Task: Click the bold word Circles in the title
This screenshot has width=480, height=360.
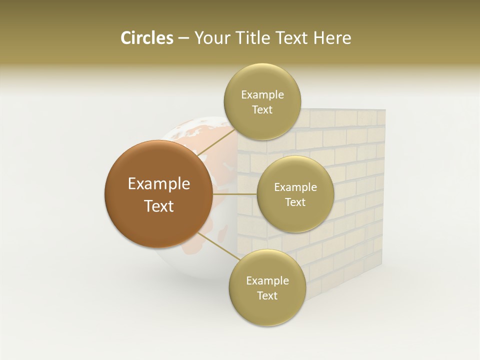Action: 146,38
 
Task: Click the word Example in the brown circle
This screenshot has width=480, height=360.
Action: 159,184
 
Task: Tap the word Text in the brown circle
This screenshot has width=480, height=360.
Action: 159,206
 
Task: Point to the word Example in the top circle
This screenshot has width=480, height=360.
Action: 262,95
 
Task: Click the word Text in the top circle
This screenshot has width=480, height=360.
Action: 262,110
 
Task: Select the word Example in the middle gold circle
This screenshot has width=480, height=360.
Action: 295,187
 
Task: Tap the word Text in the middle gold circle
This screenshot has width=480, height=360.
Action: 295,202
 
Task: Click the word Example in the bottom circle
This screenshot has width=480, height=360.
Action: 267,281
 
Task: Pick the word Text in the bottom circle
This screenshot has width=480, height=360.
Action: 267,296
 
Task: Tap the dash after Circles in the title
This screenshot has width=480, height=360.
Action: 183,38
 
